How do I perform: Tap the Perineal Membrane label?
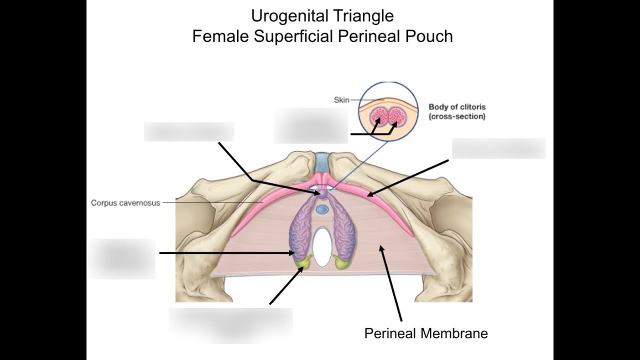(x=426, y=333)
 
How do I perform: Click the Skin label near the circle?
(x=341, y=100)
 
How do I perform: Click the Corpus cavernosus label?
(x=125, y=203)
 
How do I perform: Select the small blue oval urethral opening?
(x=322, y=209)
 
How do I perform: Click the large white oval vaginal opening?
(x=322, y=247)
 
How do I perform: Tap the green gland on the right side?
(x=341, y=262)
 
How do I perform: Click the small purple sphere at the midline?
(x=322, y=193)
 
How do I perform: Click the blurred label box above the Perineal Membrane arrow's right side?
(x=498, y=148)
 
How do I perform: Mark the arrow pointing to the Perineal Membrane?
(x=390, y=283)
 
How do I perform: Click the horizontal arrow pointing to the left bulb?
(x=227, y=253)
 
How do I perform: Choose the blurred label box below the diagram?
(x=231, y=325)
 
